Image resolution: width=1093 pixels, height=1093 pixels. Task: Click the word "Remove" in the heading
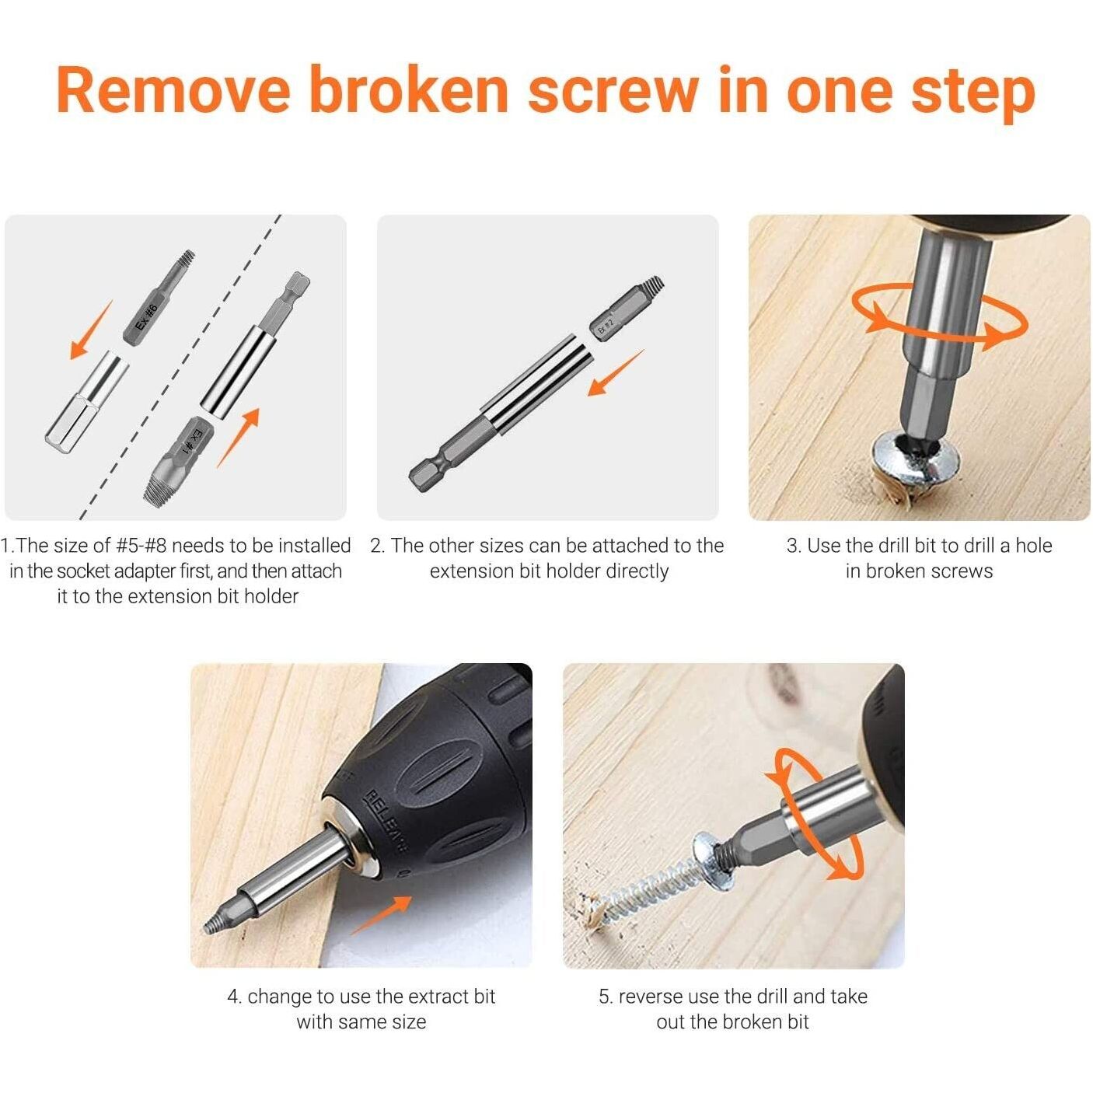pyautogui.click(x=173, y=91)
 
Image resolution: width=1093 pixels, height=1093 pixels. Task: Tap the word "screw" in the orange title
pyautogui.click(x=613, y=91)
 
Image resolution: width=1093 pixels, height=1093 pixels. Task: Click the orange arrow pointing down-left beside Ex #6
pyautogui.click(x=91, y=330)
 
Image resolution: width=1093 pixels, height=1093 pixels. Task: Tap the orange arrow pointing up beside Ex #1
pyautogui.click(x=239, y=438)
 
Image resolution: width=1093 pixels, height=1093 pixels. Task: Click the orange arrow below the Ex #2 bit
pyautogui.click(x=616, y=372)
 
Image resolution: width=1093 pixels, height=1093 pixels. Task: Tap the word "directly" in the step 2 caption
pyautogui.click(x=637, y=571)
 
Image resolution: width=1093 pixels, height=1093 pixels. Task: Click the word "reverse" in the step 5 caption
pyautogui.click(x=651, y=997)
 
